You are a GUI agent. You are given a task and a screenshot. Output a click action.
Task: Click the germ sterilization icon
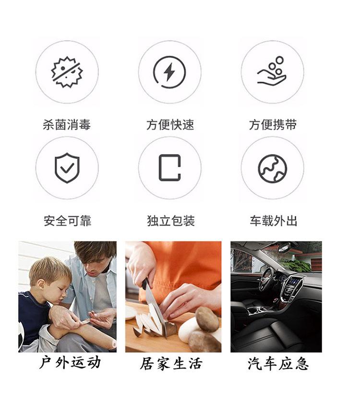(67, 72)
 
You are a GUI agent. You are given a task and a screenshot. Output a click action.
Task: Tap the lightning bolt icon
(169, 72)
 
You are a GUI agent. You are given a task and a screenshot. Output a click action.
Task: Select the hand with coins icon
(272, 72)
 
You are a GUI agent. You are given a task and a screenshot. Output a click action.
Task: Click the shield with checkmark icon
(67, 167)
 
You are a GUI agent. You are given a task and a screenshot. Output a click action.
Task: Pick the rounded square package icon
(169, 167)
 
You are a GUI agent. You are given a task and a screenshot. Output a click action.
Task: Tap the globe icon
(272, 168)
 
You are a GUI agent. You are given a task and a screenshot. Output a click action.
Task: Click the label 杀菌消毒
(67, 125)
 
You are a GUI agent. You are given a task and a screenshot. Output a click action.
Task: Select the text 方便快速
(170, 125)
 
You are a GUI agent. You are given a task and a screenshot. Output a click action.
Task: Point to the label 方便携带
(273, 125)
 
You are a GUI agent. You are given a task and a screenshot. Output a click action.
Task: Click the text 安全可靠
(67, 221)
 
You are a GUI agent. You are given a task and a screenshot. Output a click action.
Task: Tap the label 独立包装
(170, 221)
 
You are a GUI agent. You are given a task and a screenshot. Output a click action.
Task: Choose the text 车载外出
(273, 221)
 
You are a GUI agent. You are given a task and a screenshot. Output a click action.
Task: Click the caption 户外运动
(70, 362)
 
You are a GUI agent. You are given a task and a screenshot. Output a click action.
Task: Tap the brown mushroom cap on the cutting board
(207, 319)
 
